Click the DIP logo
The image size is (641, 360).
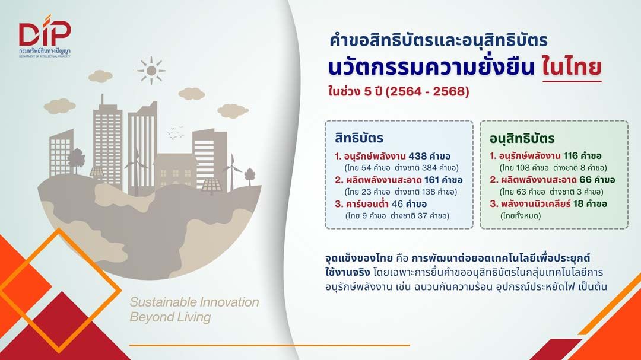click(x=45, y=36)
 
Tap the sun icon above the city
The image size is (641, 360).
click(x=151, y=71)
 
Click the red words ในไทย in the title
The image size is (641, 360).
click(x=572, y=67)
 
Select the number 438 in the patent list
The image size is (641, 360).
click(x=417, y=156)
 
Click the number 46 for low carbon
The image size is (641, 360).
click(x=397, y=204)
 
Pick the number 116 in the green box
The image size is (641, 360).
click(x=570, y=156)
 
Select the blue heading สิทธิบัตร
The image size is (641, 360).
click(x=359, y=138)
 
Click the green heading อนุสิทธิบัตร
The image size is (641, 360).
click(x=522, y=139)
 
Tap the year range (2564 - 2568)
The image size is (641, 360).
click(x=427, y=91)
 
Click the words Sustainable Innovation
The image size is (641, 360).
click(x=194, y=302)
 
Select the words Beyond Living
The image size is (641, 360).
click(x=170, y=317)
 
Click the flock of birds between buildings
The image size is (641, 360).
click(x=174, y=132)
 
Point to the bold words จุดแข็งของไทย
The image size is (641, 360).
click(x=358, y=258)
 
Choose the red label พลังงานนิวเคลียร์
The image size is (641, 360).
click(x=535, y=203)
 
